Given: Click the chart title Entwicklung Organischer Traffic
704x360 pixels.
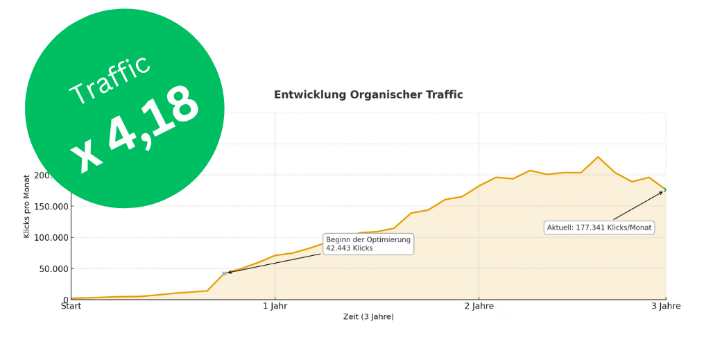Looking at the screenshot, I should (368, 95).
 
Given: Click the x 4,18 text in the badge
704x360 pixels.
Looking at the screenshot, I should (136, 130).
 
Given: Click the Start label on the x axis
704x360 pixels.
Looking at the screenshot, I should (71, 306).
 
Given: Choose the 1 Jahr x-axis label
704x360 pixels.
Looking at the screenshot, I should (275, 306).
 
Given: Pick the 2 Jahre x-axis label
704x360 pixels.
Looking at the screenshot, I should (479, 306).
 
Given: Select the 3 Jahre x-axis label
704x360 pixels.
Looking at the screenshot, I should (666, 306).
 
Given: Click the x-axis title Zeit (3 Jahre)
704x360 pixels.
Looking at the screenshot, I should (368, 317).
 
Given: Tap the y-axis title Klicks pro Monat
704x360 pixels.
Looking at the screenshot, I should (27, 207).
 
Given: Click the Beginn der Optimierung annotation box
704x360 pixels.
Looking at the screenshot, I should (368, 243).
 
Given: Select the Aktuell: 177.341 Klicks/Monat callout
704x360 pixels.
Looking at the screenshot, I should (599, 228).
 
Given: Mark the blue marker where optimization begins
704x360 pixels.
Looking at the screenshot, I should (224, 273).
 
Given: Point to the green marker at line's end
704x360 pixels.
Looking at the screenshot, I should (665, 189).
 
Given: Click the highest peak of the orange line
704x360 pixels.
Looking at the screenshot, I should (598, 157).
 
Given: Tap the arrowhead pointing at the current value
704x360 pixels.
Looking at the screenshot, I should (661, 192).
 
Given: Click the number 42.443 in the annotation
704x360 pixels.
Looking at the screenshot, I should (341, 248).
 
